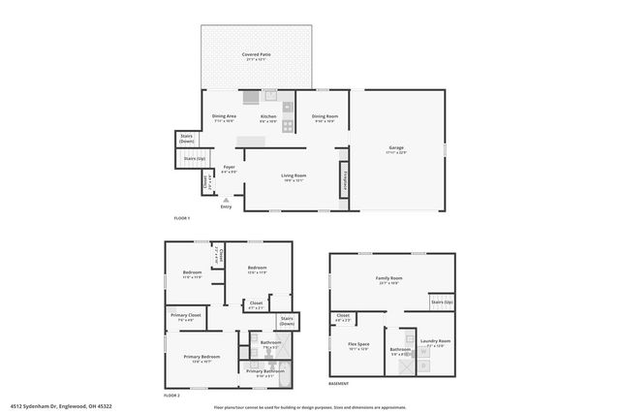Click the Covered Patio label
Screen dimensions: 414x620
256,55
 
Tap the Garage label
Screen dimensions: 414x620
396,147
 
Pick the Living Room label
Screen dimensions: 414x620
293,175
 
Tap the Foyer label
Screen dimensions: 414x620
230,167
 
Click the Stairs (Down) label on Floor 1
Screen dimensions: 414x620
187,138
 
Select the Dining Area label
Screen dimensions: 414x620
225,116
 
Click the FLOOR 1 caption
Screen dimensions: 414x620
182,219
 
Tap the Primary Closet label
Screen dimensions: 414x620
188,315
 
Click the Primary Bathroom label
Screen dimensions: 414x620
264,370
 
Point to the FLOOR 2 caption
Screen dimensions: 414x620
171,397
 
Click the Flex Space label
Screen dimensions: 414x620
358,344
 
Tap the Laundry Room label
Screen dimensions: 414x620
435,341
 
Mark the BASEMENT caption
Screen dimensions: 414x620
339,384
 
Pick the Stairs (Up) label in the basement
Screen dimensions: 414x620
442,303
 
